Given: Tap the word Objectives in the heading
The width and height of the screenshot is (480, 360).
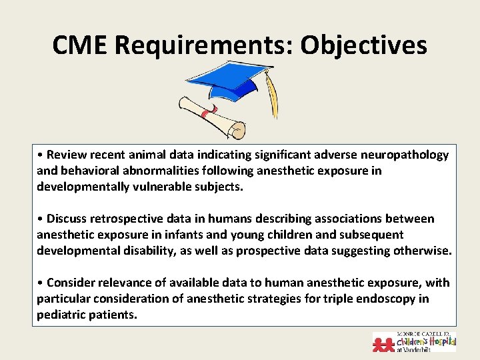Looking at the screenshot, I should click(363, 45).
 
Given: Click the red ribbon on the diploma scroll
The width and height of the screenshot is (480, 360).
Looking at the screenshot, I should click(205, 115).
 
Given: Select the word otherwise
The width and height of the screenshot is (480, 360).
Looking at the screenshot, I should click(424, 251).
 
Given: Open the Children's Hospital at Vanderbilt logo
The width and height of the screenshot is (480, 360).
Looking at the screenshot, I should click(414, 341).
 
